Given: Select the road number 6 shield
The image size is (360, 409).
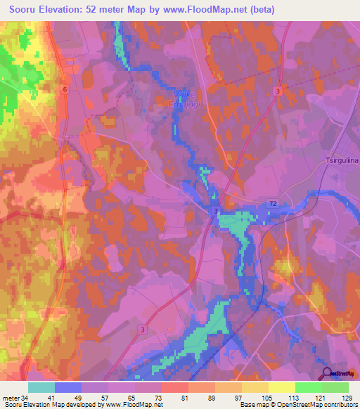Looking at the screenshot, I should pyautogui.click(x=64, y=89).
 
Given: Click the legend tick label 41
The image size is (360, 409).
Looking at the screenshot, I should pyautogui.click(x=55, y=398).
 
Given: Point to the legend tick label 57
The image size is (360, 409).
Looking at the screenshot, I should pyautogui.click(x=108, y=398).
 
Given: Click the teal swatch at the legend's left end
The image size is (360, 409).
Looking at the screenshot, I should pyautogui.click(x=41, y=387).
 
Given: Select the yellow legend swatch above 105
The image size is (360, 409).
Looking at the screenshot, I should pyautogui.click(x=255, y=387).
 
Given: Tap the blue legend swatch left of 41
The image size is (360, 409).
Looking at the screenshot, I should pyautogui.click(x=68, y=387).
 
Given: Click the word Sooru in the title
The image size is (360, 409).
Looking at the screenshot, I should pyautogui.click(x=25, y=10).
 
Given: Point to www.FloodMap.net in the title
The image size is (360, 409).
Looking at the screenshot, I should pyautogui.click(x=210, y=10).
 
